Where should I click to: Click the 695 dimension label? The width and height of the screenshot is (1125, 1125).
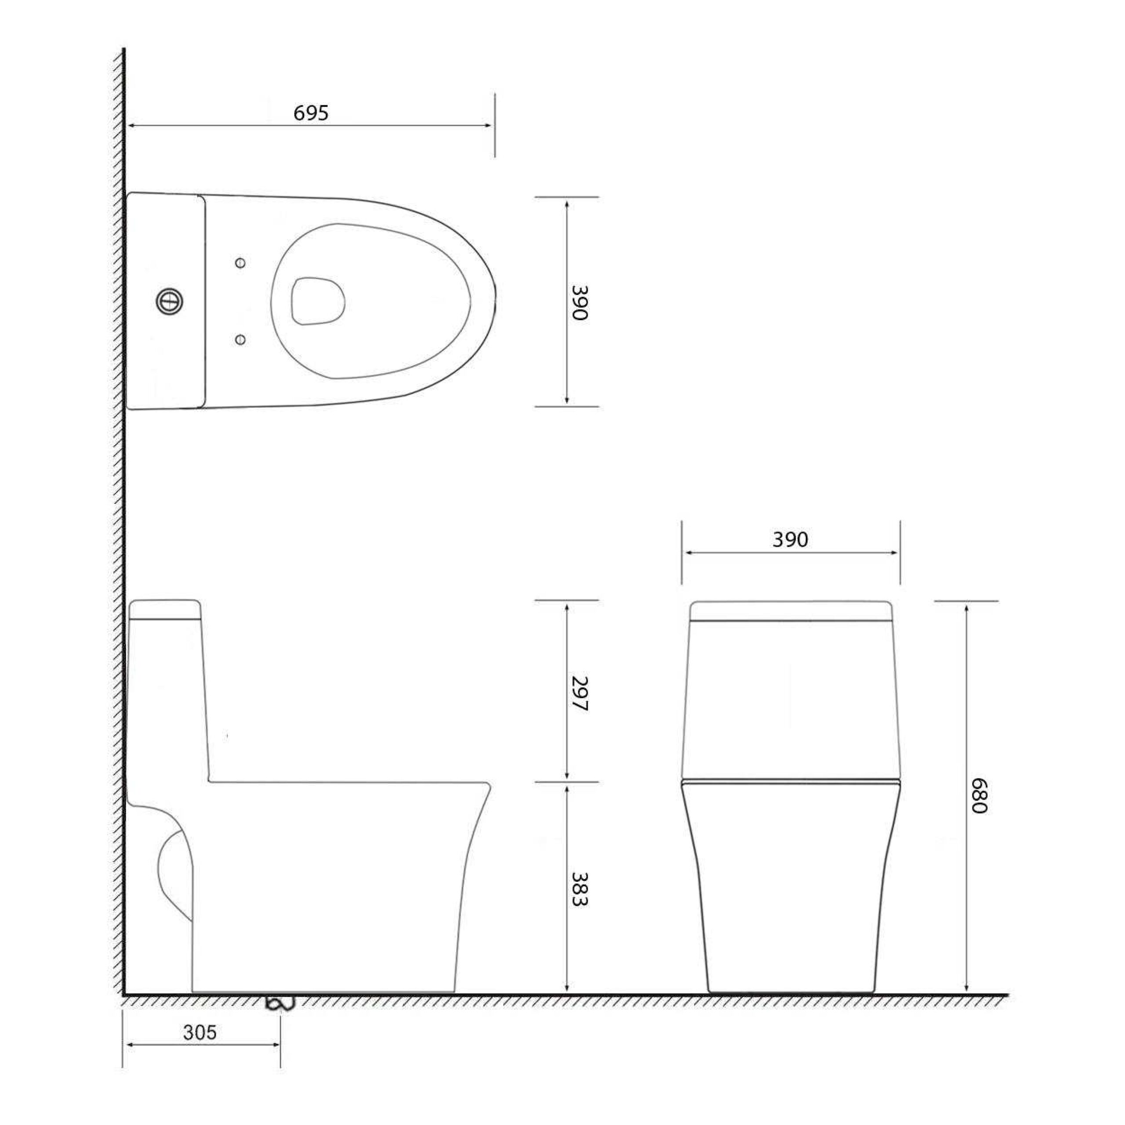click(x=311, y=113)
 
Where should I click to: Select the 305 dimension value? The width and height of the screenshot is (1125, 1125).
click(x=200, y=1032)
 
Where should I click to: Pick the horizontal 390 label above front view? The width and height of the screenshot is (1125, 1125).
click(x=790, y=540)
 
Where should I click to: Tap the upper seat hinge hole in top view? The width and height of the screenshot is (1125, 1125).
click(x=240, y=263)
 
